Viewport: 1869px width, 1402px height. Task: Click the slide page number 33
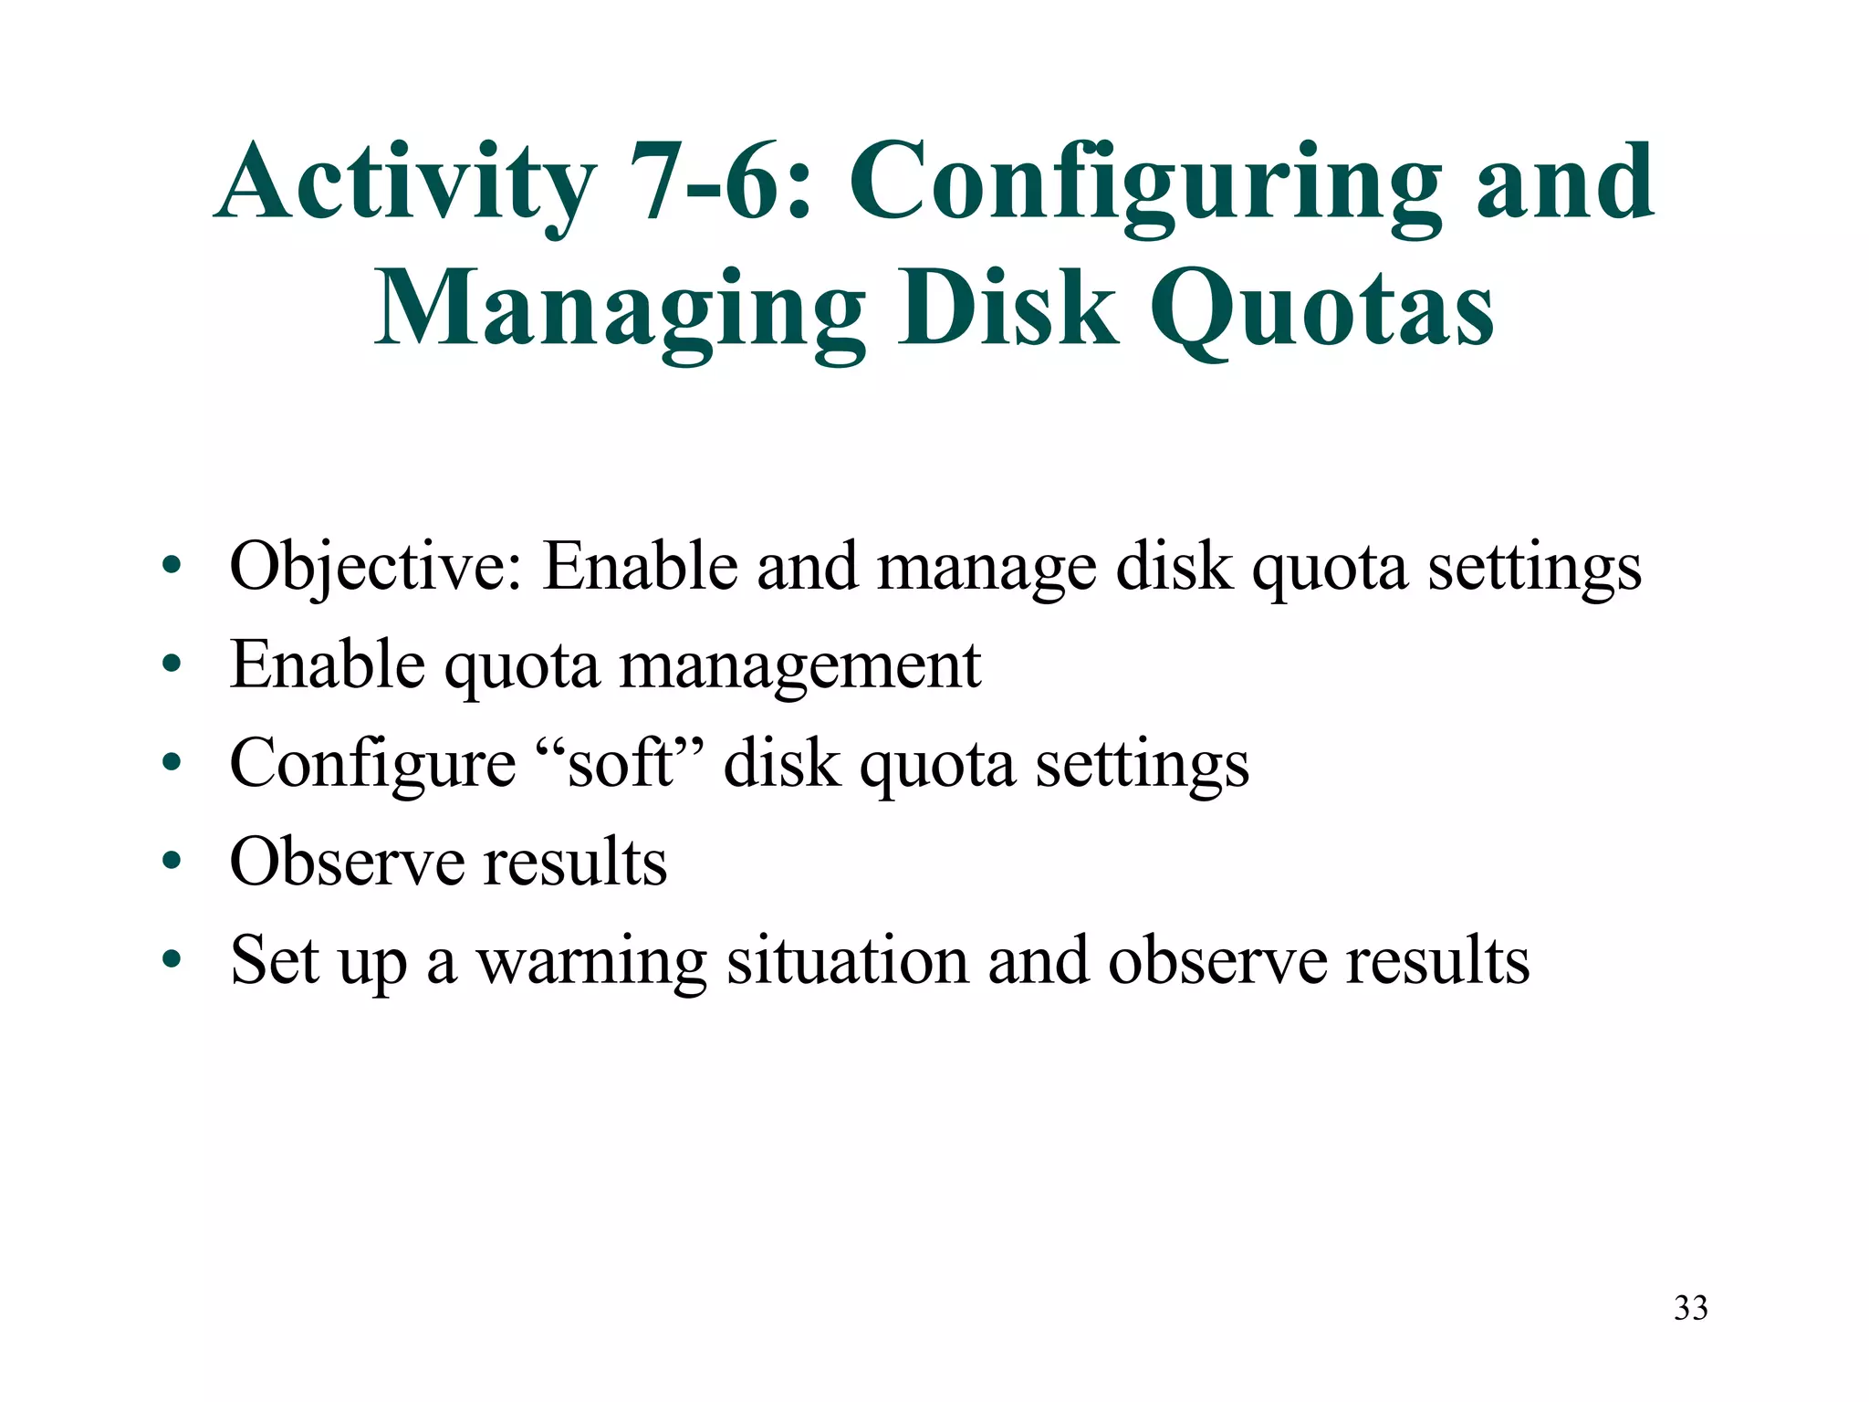pyautogui.click(x=1690, y=1308)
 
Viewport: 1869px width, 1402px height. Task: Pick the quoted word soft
pyautogui.click(x=620, y=763)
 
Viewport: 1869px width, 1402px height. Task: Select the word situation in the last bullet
pyautogui.click(x=848, y=960)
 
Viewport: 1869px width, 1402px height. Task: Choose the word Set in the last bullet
pyautogui.click(x=275, y=960)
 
